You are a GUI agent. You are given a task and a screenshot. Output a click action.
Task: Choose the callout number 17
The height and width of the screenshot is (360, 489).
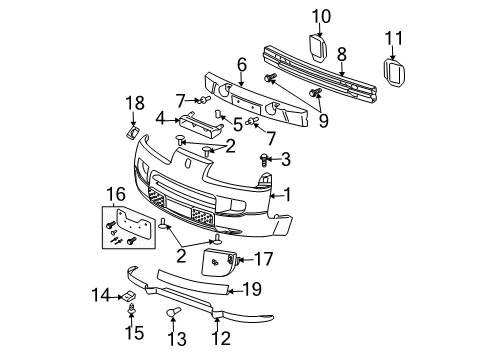point(263,258)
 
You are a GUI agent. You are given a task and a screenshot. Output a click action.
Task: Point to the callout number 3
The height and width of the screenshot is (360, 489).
point(285,158)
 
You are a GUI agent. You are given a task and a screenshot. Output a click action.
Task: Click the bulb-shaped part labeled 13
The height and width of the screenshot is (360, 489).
point(172,317)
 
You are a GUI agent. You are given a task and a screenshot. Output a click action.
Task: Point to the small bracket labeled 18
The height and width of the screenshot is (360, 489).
point(133,131)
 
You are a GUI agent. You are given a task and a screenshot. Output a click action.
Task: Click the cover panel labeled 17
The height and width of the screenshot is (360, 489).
point(220,265)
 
